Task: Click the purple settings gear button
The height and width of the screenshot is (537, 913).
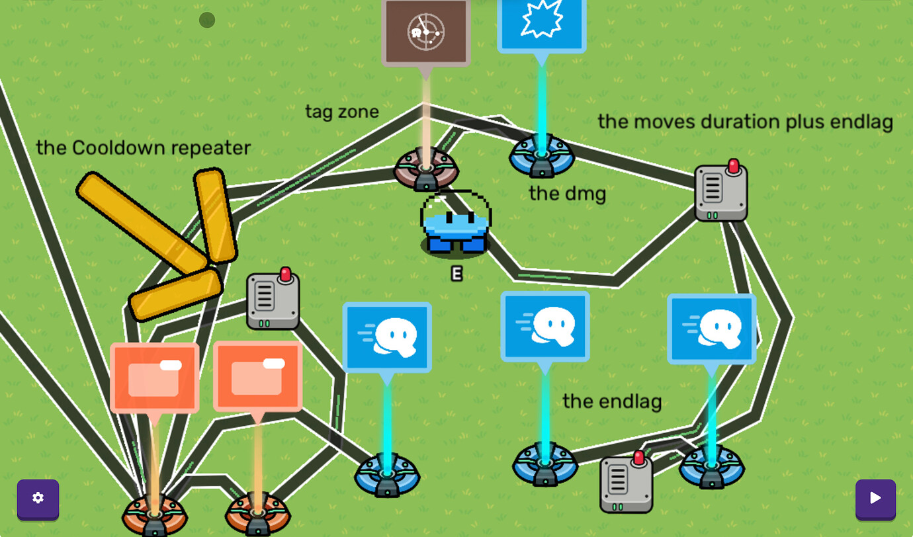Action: [x=38, y=499]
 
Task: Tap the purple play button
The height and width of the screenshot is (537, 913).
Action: [x=875, y=499]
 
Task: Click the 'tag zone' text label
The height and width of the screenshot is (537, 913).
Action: [x=342, y=112]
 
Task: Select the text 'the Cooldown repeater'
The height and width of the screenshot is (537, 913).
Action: [x=143, y=148]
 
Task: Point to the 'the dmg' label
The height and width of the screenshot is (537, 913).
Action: [x=567, y=194]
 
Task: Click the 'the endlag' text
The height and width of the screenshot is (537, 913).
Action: [x=612, y=401]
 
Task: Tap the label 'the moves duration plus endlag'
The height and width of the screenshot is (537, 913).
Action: [x=745, y=122]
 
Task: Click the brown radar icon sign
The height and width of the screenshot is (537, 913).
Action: [x=426, y=32]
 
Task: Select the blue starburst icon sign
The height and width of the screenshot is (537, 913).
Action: [x=542, y=25]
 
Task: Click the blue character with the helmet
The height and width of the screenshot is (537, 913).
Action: [x=456, y=224]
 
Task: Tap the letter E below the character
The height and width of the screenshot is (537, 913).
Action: [x=457, y=274]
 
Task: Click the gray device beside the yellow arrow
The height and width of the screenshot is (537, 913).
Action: [x=273, y=299]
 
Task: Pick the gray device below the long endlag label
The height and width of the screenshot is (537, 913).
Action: [x=721, y=190]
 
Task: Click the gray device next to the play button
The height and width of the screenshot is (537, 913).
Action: [x=627, y=482]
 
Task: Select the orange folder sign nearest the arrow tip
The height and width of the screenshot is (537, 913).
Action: [x=155, y=378]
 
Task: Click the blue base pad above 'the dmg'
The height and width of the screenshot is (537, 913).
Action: [x=542, y=157]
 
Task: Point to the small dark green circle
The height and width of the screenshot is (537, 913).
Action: [x=207, y=20]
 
